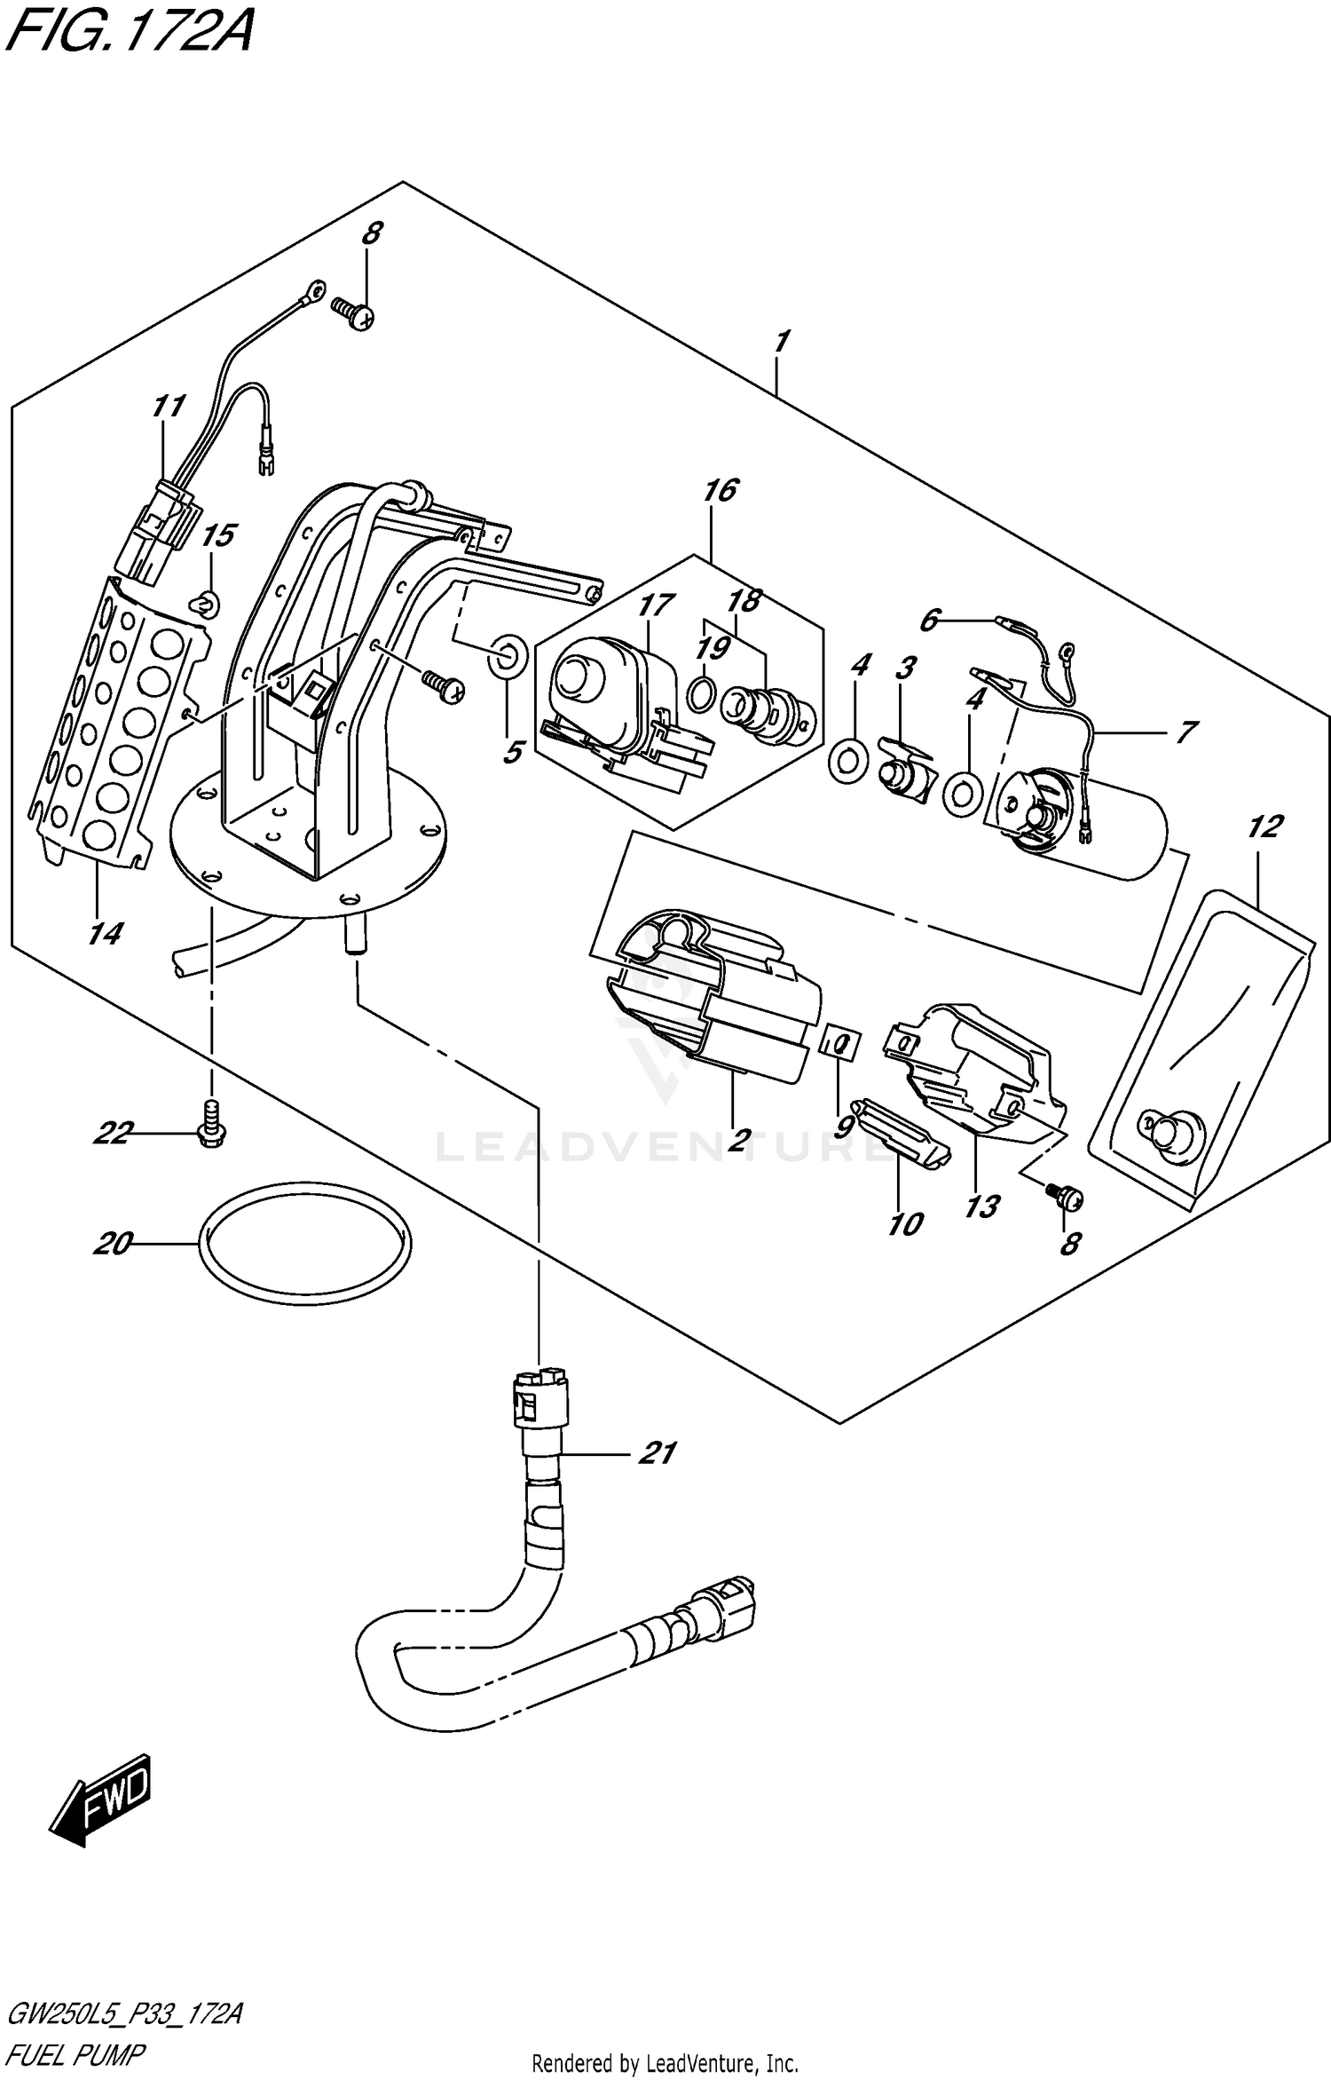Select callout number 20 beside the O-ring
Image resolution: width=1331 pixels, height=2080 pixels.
click(x=113, y=1244)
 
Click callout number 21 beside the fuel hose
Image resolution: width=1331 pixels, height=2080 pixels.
click(x=658, y=1453)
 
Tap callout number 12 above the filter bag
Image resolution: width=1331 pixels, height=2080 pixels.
click(x=1264, y=826)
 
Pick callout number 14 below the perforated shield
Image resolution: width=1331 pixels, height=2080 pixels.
click(x=106, y=933)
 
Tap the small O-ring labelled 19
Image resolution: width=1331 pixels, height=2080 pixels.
click(x=699, y=694)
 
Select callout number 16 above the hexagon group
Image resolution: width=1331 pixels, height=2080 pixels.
click(x=721, y=489)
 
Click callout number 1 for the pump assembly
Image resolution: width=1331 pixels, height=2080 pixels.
click(x=783, y=342)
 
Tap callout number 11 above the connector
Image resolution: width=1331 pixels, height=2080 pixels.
click(x=168, y=407)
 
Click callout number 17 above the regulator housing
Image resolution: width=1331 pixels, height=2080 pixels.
click(x=656, y=605)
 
